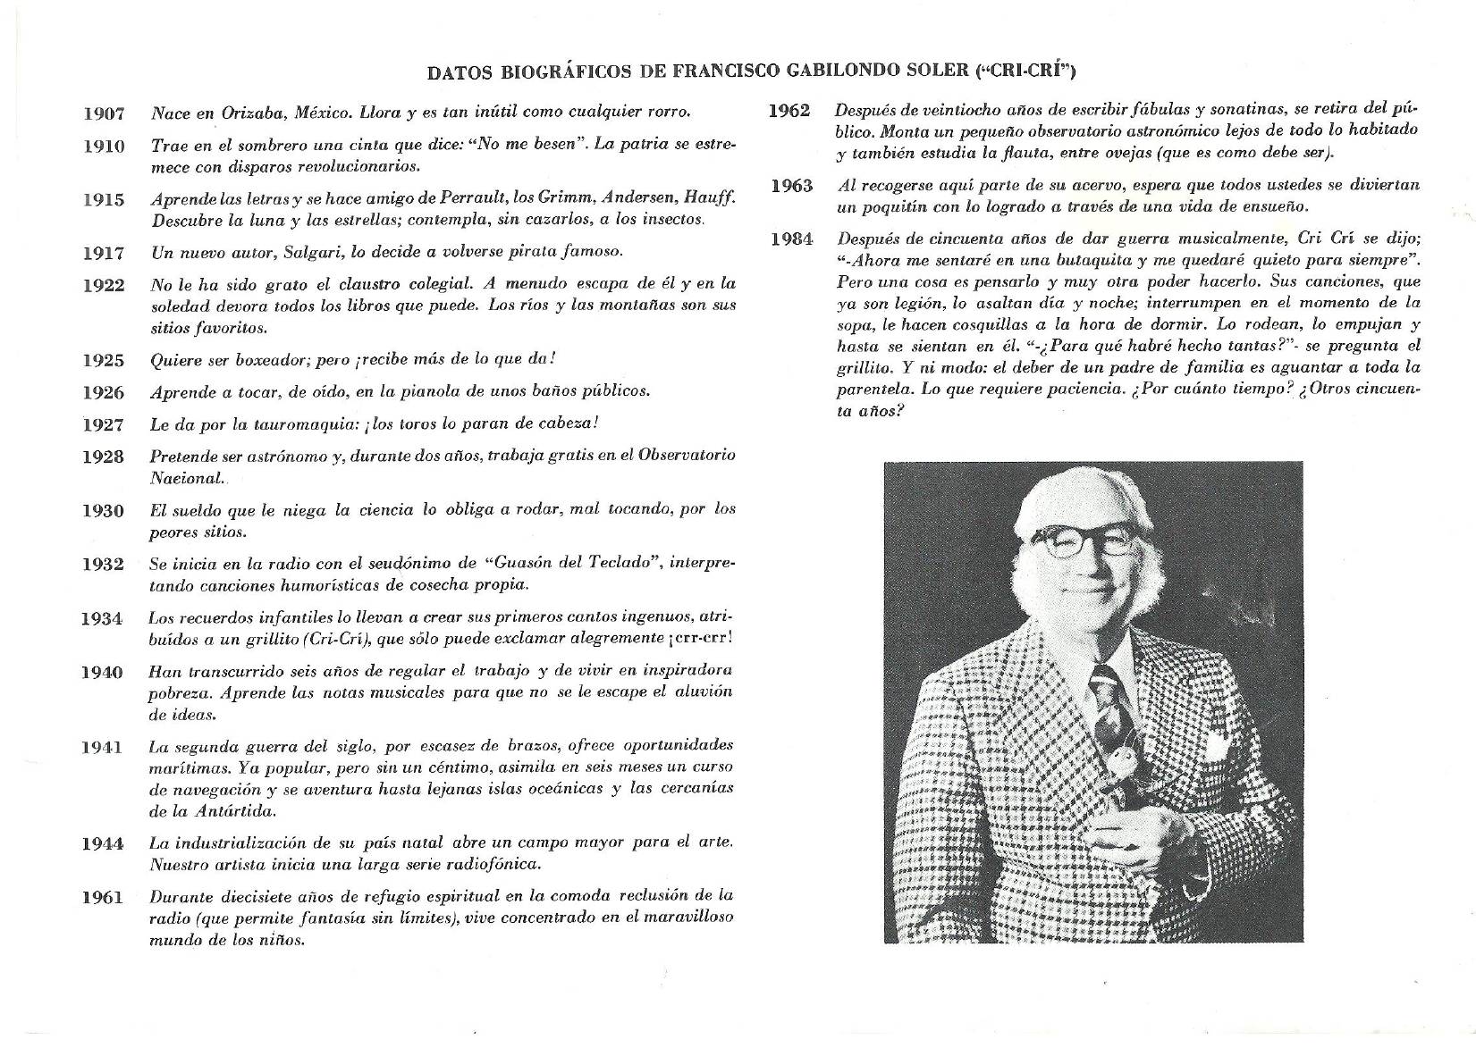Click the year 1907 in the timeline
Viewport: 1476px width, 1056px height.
tap(104, 113)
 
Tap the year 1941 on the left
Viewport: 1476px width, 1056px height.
tap(102, 747)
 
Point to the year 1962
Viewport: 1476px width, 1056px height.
tap(789, 111)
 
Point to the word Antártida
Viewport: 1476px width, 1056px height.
tap(233, 811)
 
